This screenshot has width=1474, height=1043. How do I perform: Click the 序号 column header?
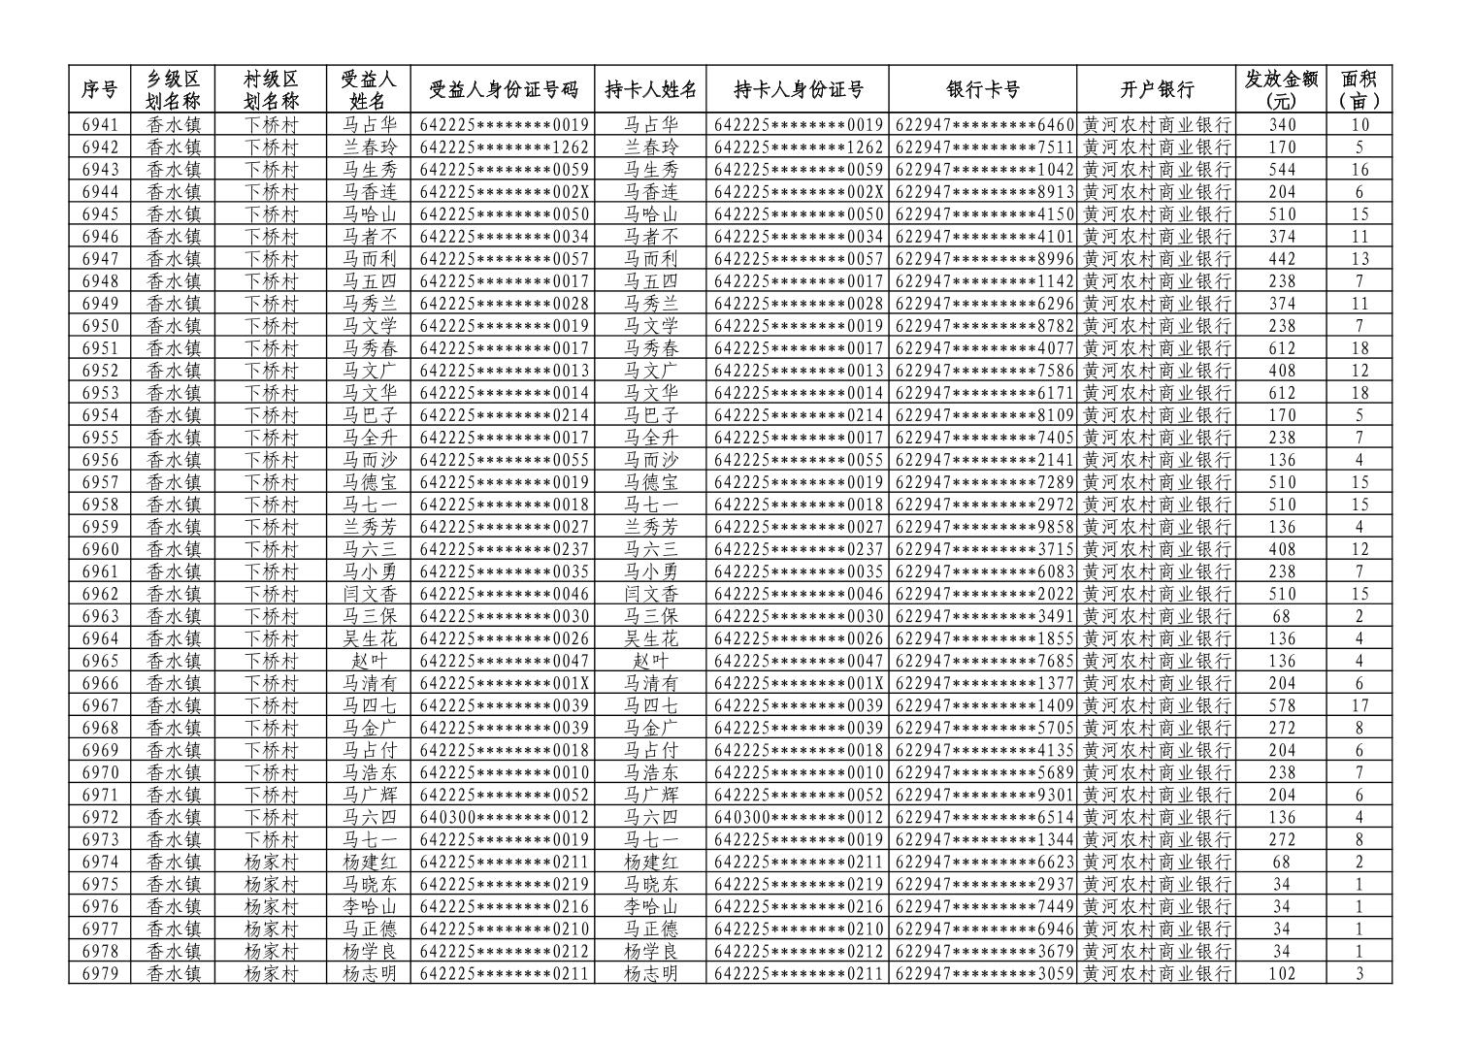pyautogui.click(x=99, y=89)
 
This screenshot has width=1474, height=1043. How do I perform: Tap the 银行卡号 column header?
pyautogui.click(x=982, y=89)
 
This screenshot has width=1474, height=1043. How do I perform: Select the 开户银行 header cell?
pyautogui.click(x=1156, y=89)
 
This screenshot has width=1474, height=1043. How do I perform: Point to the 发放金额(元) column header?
pyautogui.click(x=1281, y=89)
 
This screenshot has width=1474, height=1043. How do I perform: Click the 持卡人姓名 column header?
pyautogui.click(x=650, y=89)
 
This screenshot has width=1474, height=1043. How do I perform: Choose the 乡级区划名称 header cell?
pyautogui.click(x=174, y=89)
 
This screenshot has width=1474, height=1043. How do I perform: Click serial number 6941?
pyautogui.click(x=99, y=124)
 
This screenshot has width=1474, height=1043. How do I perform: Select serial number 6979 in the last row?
pyautogui.click(x=99, y=973)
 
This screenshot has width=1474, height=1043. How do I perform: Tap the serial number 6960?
pyautogui.click(x=99, y=549)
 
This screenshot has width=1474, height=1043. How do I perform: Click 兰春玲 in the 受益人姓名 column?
pyautogui.click(x=370, y=147)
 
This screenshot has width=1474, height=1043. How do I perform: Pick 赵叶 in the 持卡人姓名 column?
pyautogui.click(x=650, y=661)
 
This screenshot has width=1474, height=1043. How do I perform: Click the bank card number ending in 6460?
pyautogui.click(x=983, y=124)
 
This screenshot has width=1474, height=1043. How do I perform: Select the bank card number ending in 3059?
pyautogui.click(x=983, y=973)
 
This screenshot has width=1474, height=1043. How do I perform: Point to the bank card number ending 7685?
pyautogui.click(x=983, y=661)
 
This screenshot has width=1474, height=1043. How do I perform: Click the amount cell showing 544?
pyautogui.click(x=1281, y=170)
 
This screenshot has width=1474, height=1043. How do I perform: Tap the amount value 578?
pyautogui.click(x=1281, y=705)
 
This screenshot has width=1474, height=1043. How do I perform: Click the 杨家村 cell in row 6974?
pyautogui.click(x=271, y=862)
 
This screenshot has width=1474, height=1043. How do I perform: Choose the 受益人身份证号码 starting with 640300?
pyautogui.click(x=504, y=817)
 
